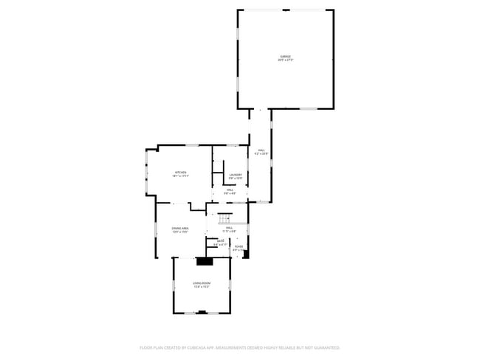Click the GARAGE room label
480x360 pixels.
[x=285, y=56]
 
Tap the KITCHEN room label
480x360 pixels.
[x=181, y=173]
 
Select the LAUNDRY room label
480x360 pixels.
[x=236, y=174]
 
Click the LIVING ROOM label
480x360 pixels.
[x=202, y=283]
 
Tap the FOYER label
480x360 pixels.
[x=239, y=246]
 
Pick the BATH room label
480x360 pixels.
[x=220, y=240]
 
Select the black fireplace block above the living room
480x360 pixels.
[x=205, y=260]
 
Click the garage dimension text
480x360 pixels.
[x=285, y=60]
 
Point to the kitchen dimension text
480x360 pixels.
[x=181, y=176]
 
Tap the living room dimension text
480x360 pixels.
[x=202, y=287]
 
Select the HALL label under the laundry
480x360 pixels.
[x=230, y=190]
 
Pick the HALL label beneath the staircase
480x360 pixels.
[x=230, y=228]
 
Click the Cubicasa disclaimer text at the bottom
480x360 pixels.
[x=240, y=347]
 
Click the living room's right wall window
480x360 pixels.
[x=230, y=283]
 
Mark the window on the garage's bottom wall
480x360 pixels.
[x=308, y=109]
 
